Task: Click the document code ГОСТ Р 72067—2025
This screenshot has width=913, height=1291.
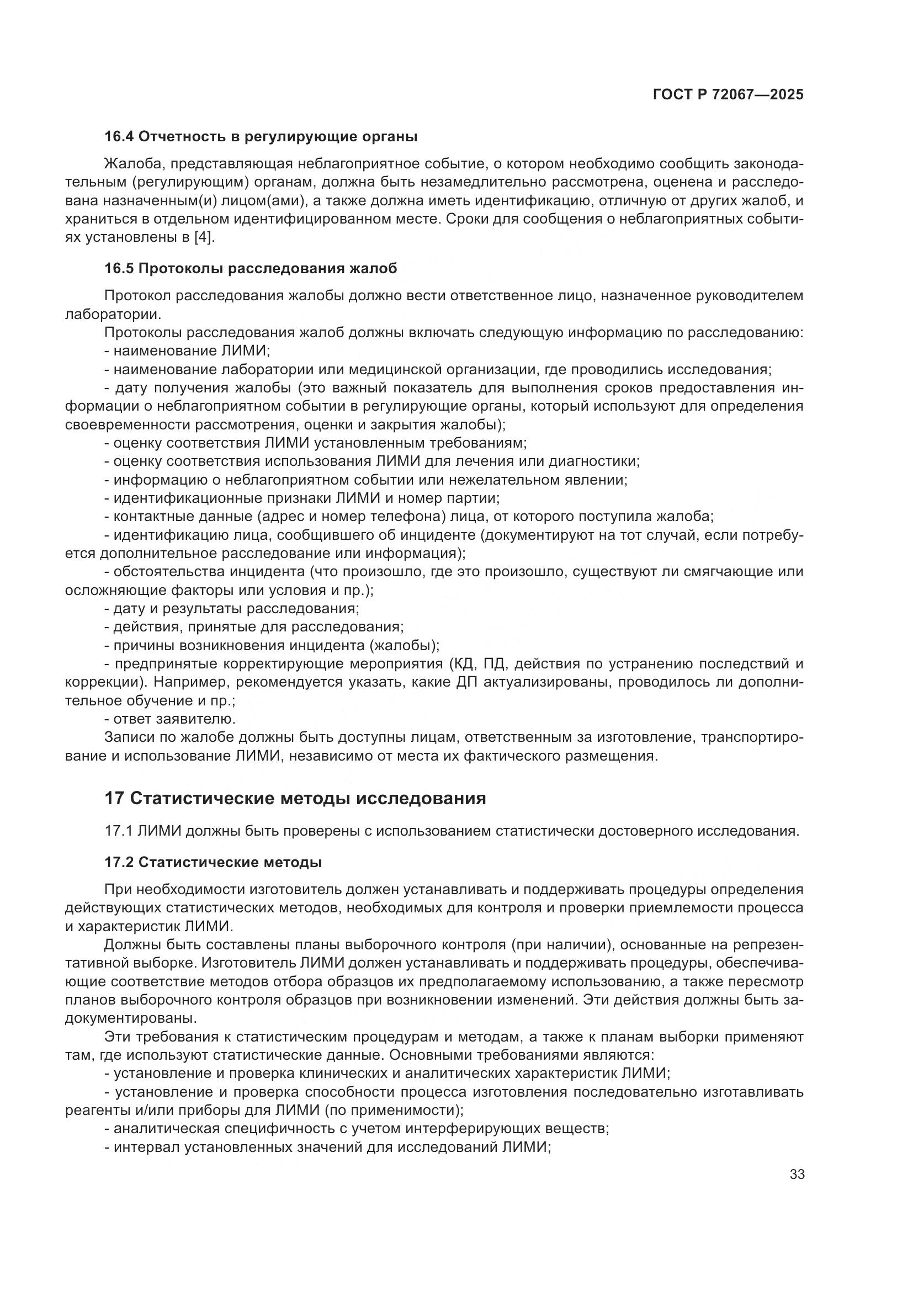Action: [x=728, y=94]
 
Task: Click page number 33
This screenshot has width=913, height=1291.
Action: [x=797, y=1174]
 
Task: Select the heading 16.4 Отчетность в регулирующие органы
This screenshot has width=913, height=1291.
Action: [x=261, y=136]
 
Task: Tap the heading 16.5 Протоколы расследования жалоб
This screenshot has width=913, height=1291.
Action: [x=251, y=268]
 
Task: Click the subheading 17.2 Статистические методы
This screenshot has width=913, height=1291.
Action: [x=213, y=862]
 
